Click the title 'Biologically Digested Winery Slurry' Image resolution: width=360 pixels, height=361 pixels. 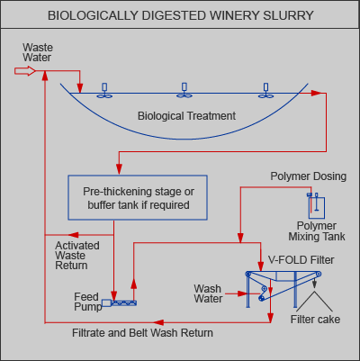coord(181,15)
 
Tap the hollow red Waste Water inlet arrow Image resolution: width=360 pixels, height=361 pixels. coord(25,71)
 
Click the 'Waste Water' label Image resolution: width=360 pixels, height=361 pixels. coord(38,52)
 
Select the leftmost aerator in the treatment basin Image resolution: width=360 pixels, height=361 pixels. coord(104,91)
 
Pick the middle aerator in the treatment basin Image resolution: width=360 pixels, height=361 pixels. coord(184,91)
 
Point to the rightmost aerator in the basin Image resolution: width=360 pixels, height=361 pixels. coord(265,91)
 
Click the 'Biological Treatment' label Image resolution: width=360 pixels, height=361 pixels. coord(186,116)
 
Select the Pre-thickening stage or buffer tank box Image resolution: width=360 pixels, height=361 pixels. coord(138,198)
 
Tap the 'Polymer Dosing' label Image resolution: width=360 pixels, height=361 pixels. coord(309,176)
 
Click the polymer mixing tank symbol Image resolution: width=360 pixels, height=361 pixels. coord(316,206)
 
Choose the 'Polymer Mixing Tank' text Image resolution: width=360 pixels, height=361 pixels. coord(317,231)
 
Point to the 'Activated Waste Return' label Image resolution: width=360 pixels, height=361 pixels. coord(77,256)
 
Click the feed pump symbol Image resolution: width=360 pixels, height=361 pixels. coord(120,302)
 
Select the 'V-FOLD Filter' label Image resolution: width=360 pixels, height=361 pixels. coord(301,260)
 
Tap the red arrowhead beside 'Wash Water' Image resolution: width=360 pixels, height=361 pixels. coord(242,293)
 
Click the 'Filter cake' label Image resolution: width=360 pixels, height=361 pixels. coord(315,320)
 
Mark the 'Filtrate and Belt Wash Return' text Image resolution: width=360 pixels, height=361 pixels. coord(142,333)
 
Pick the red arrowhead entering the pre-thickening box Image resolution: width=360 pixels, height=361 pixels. coord(119,169)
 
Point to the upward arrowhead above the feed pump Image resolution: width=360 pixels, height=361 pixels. coord(134,283)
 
